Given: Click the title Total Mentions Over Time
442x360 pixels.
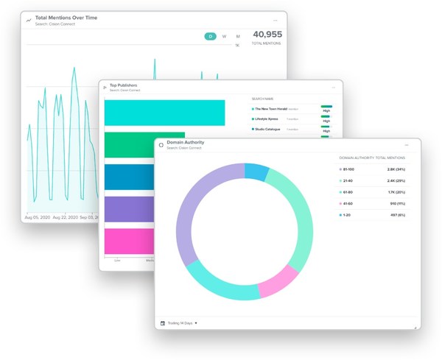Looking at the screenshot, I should [x=66, y=18].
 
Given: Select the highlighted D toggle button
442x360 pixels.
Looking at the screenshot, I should [x=210, y=36].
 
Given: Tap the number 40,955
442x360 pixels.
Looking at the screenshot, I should [x=267, y=35].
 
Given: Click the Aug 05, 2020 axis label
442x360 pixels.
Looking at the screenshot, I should [x=38, y=218].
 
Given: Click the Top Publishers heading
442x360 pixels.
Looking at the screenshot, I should [x=124, y=86].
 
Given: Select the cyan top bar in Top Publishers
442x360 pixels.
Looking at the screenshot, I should [x=164, y=113].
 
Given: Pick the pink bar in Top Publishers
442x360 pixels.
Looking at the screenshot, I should [x=129, y=241].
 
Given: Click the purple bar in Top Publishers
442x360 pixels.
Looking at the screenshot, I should [x=129, y=210].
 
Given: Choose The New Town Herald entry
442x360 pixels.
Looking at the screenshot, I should [x=270, y=108].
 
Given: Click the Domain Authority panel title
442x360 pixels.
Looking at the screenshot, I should [x=185, y=142].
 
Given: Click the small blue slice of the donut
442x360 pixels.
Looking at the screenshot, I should [x=256, y=172].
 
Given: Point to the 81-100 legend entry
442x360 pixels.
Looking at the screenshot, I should [x=346, y=169].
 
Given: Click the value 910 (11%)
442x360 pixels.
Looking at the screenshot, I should [x=396, y=203].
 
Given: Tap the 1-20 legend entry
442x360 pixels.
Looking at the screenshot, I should [x=345, y=215].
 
